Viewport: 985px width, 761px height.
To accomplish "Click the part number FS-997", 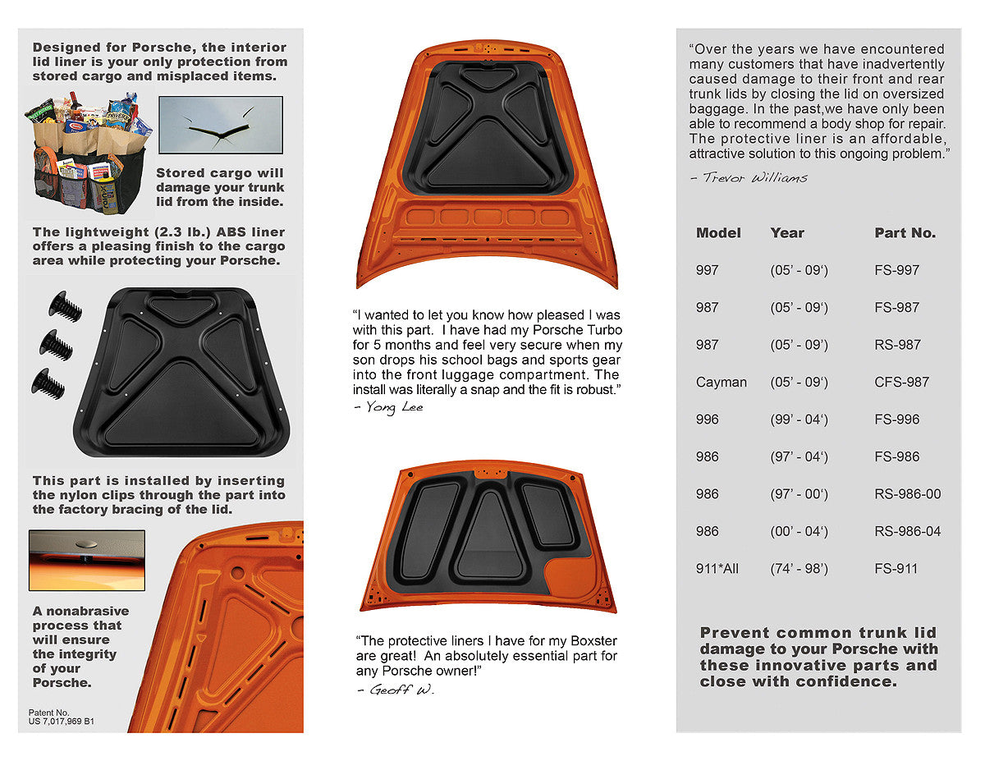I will (x=896, y=270).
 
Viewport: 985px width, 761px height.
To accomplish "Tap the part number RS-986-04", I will (x=907, y=531).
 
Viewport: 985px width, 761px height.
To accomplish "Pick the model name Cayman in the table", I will (x=721, y=382).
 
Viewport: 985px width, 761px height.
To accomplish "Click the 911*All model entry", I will (x=717, y=568).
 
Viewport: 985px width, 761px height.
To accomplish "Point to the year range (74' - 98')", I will (x=799, y=568).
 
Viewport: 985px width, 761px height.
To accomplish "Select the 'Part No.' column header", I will (x=905, y=233).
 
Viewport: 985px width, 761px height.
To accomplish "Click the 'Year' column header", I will (x=787, y=233).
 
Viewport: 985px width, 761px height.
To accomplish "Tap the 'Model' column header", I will (x=718, y=233).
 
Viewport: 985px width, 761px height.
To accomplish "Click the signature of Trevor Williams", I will (x=749, y=177).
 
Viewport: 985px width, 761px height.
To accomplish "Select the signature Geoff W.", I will (x=395, y=690).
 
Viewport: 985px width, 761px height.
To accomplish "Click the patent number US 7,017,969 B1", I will (x=62, y=722).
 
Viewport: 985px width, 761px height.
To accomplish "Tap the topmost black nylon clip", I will (x=65, y=307).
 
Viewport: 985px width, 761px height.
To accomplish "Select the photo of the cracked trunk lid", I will (x=220, y=125).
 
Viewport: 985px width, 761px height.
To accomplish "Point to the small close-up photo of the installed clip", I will (x=86, y=560).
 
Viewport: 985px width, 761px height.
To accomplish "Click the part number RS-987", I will (x=897, y=345).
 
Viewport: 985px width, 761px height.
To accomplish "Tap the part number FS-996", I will (x=896, y=419).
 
